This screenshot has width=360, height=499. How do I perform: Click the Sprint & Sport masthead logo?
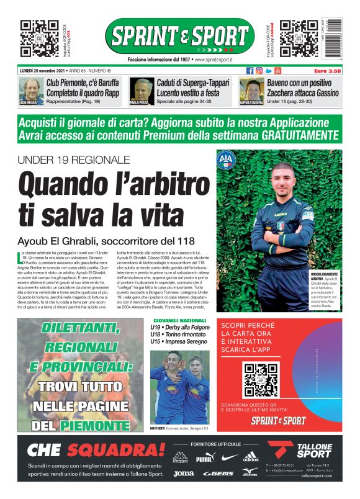tap(179, 37)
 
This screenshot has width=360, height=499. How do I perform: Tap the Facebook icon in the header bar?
tap(250, 71)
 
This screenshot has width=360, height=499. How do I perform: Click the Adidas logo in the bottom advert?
tap(251, 457)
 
